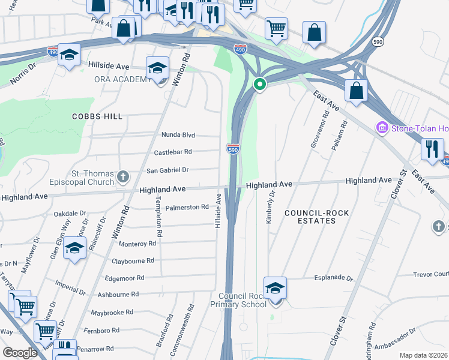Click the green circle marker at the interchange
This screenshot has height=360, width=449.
pos(260,85)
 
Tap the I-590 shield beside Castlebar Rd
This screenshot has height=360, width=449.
pos(233,149)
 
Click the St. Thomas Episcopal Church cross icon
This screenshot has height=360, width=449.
pos(123,176)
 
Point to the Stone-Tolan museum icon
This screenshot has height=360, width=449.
pos(381,128)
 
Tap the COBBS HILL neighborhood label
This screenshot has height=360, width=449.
pos(97,116)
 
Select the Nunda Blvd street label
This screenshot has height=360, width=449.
pos(178,135)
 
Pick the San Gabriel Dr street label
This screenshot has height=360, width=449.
pos(168,170)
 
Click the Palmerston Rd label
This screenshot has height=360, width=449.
pos(187,207)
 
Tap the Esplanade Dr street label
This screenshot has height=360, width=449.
pos(334,278)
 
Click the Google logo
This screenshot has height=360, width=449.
pos(20,353)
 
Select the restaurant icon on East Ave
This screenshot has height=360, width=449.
pos(432,149)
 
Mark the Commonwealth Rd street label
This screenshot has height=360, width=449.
pos(191,324)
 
